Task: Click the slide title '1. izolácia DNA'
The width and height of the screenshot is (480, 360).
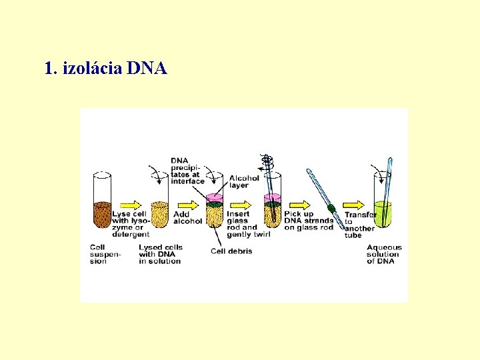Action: [x=105, y=68]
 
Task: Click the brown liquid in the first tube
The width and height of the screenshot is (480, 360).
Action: [x=102, y=214]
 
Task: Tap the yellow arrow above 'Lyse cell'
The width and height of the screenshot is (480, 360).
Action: [x=131, y=205]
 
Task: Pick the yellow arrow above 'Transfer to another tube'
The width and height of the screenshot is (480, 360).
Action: [x=354, y=205]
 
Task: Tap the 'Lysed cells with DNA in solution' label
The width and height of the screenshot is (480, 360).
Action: [x=160, y=254]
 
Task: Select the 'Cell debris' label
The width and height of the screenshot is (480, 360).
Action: [x=231, y=251]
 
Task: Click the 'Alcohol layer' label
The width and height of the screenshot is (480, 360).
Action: [x=243, y=181]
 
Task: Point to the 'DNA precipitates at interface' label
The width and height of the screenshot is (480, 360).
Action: [x=187, y=170]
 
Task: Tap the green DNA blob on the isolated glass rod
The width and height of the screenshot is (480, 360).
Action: [x=331, y=209]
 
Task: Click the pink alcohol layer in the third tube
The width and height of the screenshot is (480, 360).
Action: [x=215, y=198]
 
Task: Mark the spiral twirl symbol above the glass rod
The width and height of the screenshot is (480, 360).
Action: [x=267, y=161]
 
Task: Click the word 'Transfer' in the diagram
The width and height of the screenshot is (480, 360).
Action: [x=360, y=215]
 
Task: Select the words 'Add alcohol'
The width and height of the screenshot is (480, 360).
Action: [x=187, y=218]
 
